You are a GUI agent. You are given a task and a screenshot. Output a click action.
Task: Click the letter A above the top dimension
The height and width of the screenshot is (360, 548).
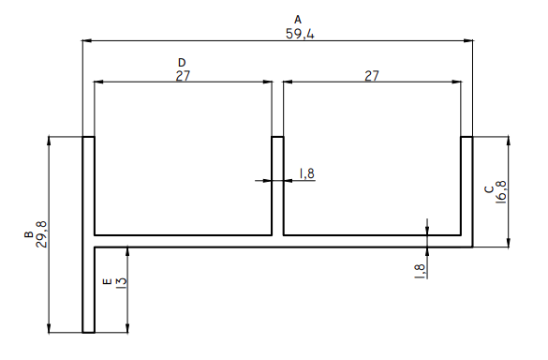point(298,20)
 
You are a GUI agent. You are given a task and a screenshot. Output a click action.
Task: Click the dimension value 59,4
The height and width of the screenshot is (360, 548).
point(300,34)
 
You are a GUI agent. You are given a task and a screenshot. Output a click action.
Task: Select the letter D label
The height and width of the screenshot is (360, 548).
point(182,63)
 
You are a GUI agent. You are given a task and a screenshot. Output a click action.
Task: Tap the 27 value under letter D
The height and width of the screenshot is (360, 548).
point(183,76)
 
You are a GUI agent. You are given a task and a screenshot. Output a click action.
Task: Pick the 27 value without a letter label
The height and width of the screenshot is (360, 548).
point(372,76)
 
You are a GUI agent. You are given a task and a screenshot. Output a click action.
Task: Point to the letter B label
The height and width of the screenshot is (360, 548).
point(29,234)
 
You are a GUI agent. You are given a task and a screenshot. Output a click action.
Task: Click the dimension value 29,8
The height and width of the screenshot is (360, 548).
point(41,234)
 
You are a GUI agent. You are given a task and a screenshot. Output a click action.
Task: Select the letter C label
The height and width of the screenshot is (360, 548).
point(489,189)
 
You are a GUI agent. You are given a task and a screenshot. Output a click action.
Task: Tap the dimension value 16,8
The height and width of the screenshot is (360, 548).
point(501,191)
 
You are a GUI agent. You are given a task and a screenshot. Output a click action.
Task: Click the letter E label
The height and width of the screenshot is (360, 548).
point(108,281)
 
